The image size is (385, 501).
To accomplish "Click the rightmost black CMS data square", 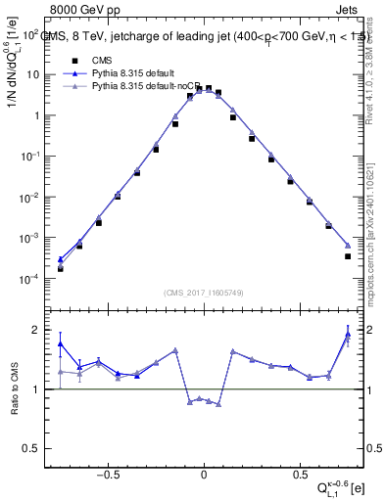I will tap(348, 256).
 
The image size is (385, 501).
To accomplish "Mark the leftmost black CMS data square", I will tap(60, 269).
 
